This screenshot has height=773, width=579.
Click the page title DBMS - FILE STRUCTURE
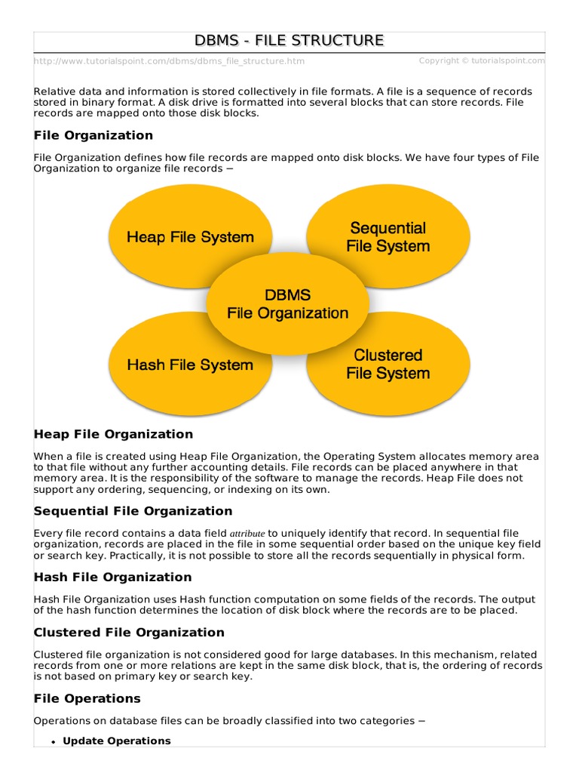click(x=289, y=41)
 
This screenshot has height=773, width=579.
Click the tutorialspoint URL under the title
click(x=170, y=61)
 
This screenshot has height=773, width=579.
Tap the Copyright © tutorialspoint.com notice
click(x=482, y=60)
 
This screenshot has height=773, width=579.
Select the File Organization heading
click(x=93, y=135)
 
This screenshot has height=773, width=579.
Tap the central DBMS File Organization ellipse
click(x=288, y=304)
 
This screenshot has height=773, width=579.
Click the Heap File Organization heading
click(x=113, y=434)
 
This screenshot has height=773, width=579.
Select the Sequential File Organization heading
click(x=133, y=511)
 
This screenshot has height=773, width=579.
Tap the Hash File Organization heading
click(x=113, y=577)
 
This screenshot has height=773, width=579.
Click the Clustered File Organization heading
click(x=129, y=632)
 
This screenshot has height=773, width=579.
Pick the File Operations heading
click(x=87, y=698)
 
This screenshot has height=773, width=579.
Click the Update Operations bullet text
click(x=117, y=741)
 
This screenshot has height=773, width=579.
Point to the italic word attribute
click(x=247, y=533)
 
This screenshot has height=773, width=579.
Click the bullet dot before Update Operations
click(x=54, y=742)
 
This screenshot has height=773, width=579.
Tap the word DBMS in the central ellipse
click(x=288, y=295)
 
